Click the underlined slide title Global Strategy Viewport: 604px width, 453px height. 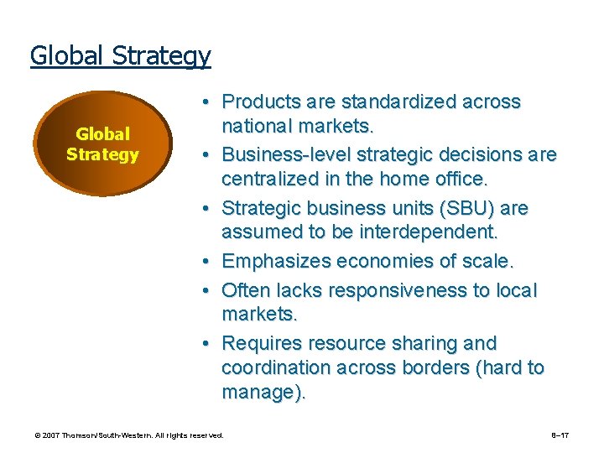pyautogui.click(x=120, y=56)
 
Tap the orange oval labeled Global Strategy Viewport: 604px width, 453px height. pyautogui.click(x=102, y=144)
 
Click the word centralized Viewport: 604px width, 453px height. pyautogui.click(x=269, y=179)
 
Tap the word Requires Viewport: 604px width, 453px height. pyautogui.click(x=262, y=344)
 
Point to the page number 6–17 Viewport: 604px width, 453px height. pyautogui.click(x=560, y=435)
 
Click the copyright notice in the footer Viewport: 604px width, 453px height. pyautogui.click(x=129, y=435)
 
